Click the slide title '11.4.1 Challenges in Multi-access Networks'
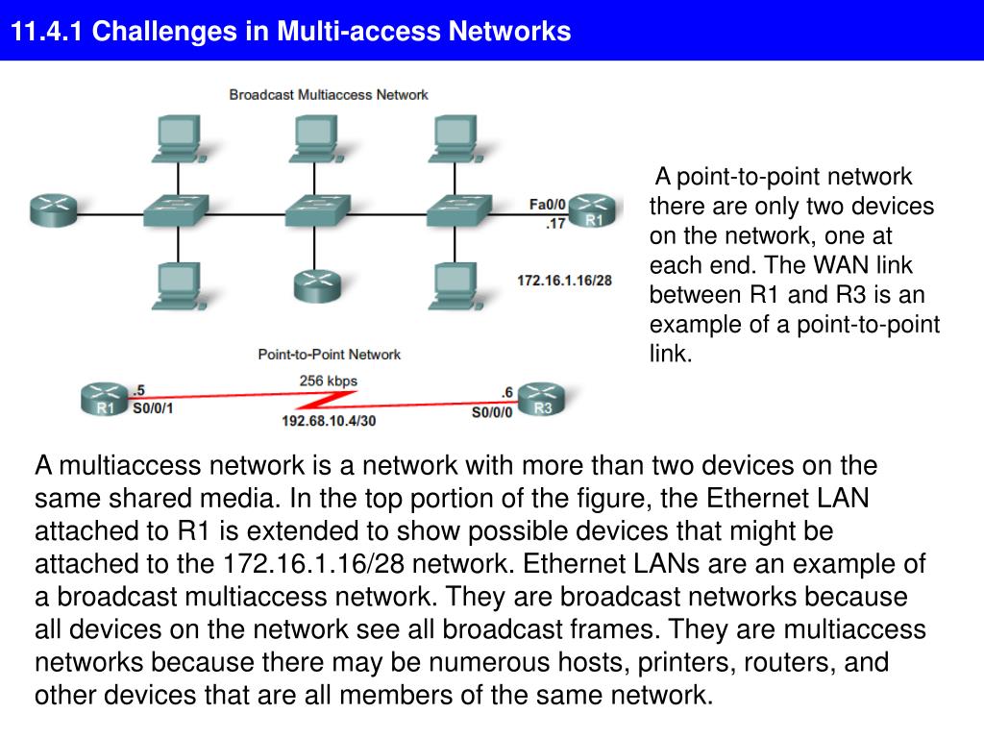click(291, 32)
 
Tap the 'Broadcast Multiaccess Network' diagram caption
click(329, 95)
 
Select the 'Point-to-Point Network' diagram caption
click(330, 355)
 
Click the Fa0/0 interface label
click(548, 204)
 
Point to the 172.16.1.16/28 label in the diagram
click(564, 281)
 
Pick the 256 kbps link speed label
click(329, 381)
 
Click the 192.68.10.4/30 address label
click(329, 421)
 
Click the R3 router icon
click(542, 398)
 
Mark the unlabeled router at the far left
click(51, 209)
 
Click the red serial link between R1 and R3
click(327, 396)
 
